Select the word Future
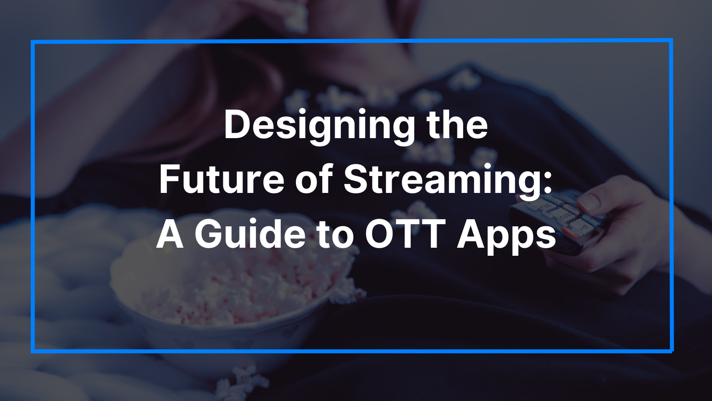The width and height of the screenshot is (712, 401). pos(221,180)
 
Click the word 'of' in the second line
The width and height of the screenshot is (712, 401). pos(314,180)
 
